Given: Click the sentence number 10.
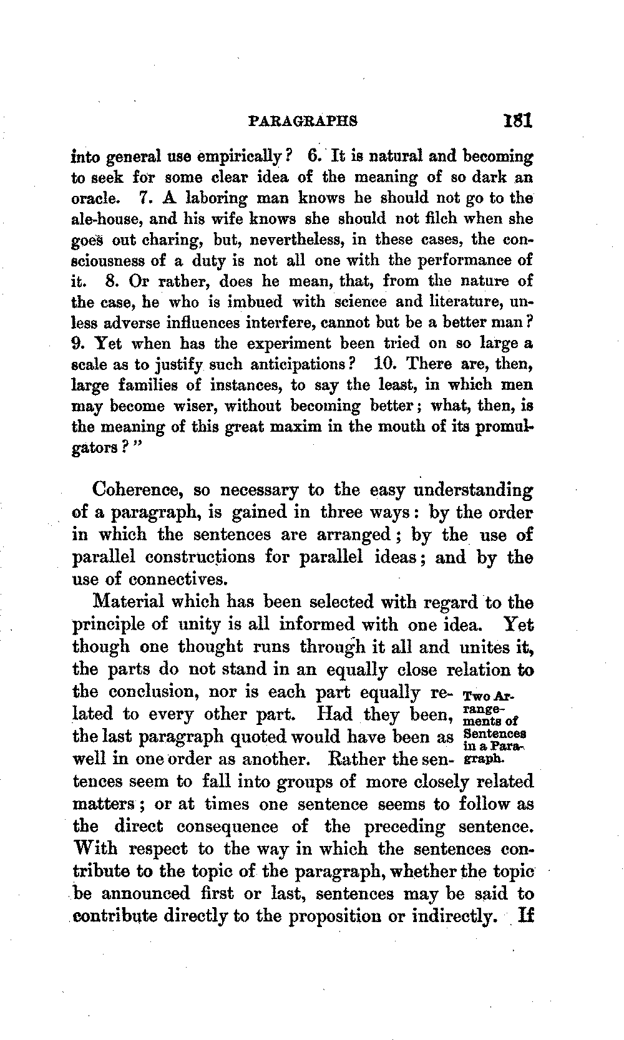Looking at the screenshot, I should (385, 364).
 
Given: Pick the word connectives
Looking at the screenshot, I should (177, 579).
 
